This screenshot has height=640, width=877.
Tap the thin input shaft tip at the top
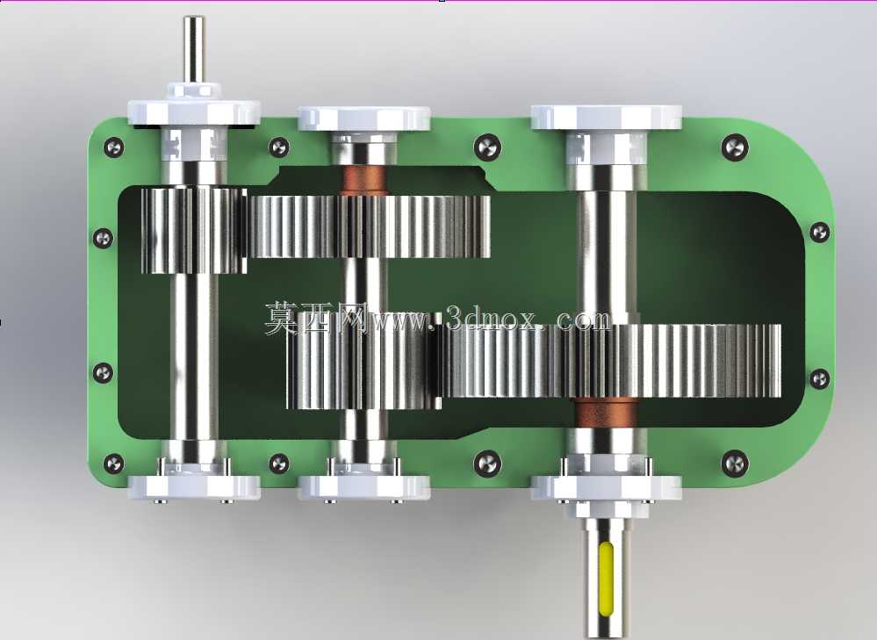pyautogui.click(x=193, y=49)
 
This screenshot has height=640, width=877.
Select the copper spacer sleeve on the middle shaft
pyautogui.click(x=364, y=180)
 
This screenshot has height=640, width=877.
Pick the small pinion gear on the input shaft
pyautogui.click(x=193, y=231)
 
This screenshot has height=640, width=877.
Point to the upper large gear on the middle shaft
pyautogui.click(x=370, y=226)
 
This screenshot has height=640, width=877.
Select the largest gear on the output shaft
pyautogui.click(x=612, y=361)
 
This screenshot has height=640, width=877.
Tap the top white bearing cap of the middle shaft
pyautogui.click(x=364, y=119)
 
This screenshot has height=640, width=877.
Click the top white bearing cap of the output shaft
pyautogui.click(x=607, y=118)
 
